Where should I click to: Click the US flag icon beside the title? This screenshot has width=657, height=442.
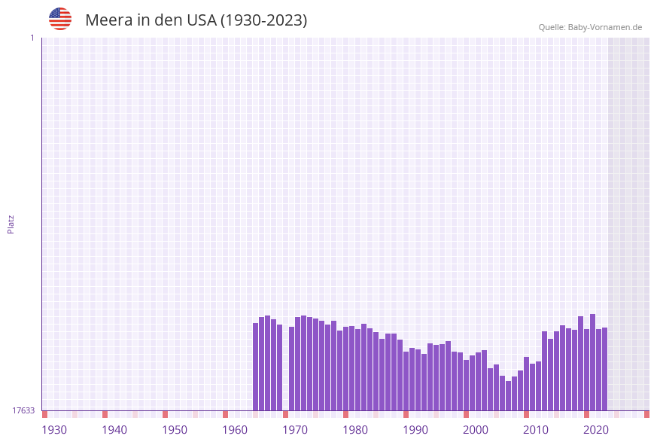tap(60, 19)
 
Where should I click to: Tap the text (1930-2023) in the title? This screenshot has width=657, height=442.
tap(263, 20)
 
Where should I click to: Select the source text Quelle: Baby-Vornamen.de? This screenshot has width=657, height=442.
tap(590, 27)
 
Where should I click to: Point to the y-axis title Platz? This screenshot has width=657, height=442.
tap(11, 224)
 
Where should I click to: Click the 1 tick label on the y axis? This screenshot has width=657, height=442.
tap(32, 38)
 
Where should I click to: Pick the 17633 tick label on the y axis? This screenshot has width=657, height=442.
tap(23, 410)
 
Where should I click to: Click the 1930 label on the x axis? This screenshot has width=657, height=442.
tap(54, 430)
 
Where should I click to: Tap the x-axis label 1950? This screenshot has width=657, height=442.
tap(175, 430)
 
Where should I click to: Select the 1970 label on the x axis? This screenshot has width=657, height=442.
tap(295, 430)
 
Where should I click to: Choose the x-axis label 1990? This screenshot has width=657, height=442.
tap(415, 430)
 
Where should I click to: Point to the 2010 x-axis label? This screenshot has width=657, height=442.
tap(536, 430)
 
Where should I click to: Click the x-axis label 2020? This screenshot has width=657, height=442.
tap(596, 430)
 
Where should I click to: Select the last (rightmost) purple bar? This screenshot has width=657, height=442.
tap(604, 369)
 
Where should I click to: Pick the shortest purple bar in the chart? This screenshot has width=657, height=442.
tap(509, 395)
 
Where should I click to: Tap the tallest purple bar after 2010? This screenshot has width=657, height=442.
tap(592, 361)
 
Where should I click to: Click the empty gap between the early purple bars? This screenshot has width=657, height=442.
tap(286, 369)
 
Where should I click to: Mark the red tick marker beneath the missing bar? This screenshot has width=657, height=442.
tap(286, 414)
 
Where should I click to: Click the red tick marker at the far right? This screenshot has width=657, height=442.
tap(646, 414)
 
